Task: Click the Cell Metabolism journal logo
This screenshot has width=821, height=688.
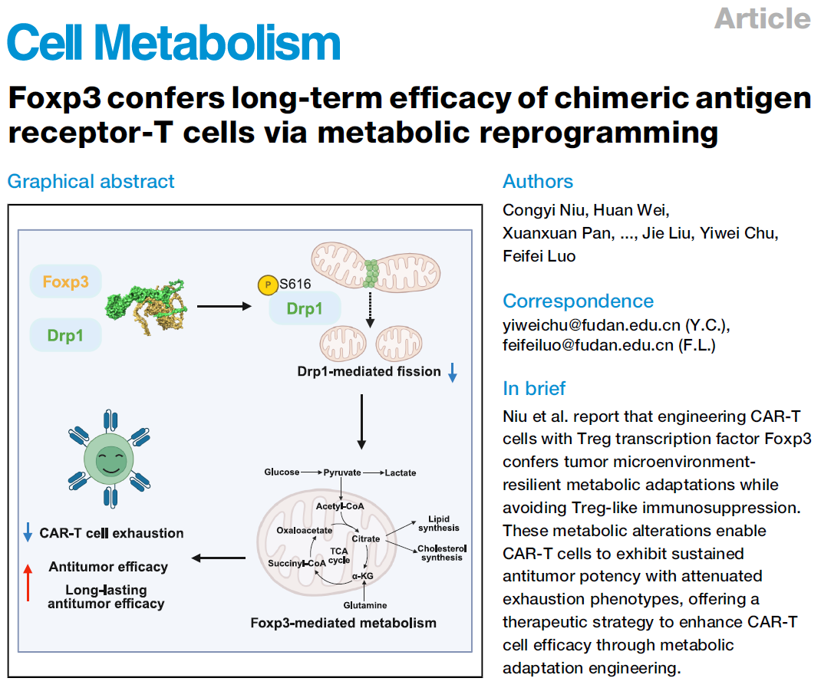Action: click(174, 42)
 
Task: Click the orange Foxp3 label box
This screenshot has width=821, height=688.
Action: click(65, 281)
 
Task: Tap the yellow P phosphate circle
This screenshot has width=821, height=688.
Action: click(268, 285)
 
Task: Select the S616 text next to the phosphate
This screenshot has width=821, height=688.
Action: click(295, 284)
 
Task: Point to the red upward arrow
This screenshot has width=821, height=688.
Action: click(28, 582)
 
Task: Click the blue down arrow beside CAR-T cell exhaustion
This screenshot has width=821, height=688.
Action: click(28, 532)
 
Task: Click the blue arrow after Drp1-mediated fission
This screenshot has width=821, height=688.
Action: click(453, 372)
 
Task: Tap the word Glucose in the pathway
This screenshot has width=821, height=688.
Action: click(282, 472)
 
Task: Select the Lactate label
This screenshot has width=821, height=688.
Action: click(401, 472)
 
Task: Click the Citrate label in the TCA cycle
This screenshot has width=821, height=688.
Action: click(366, 538)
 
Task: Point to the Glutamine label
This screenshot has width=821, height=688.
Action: click(365, 605)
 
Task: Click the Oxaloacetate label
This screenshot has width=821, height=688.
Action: click(304, 531)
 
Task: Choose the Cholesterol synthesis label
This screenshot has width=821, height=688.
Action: click(442, 553)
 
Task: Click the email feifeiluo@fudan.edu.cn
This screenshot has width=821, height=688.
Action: click(588, 346)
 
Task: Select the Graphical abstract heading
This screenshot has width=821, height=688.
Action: click(91, 182)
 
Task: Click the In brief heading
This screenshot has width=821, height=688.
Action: click(534, 389)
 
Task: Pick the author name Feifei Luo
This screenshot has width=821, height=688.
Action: click(539, 256)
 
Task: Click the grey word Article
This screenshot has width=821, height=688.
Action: click(763, 19)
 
